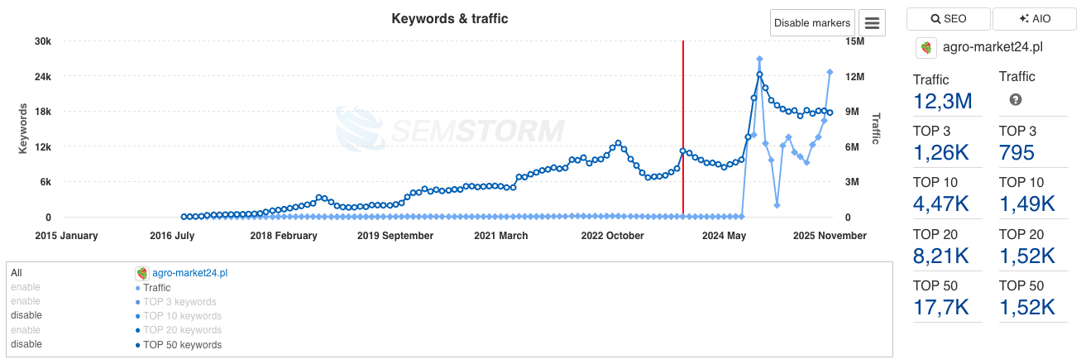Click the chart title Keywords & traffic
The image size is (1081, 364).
tap(450, 18)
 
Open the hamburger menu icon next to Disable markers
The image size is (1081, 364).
tap(872, 23)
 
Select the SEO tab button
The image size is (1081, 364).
tap(948, 19)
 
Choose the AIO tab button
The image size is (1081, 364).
tap(1033, 19)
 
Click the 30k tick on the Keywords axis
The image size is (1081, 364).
tap(41, 41)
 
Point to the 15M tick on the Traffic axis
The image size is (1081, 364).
tap(854, 41)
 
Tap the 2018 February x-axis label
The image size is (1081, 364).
tap(284, 236)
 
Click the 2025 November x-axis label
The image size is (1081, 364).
tap(830, 236)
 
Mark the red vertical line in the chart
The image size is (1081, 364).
tap(683, 124)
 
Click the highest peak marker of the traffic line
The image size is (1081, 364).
tap(759, 59)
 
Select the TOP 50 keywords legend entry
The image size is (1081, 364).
tap(182, 345)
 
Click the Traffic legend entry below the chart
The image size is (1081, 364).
tap(156, 288)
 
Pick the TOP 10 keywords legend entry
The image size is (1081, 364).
tap(182, 316)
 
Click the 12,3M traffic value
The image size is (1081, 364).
tap(942, 102)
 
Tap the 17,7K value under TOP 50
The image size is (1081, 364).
tap(941, 307)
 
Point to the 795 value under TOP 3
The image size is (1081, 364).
tap(1016, 153)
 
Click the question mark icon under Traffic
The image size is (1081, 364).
tap(1016, 100)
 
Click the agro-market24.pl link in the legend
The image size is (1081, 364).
tap(189, 273)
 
